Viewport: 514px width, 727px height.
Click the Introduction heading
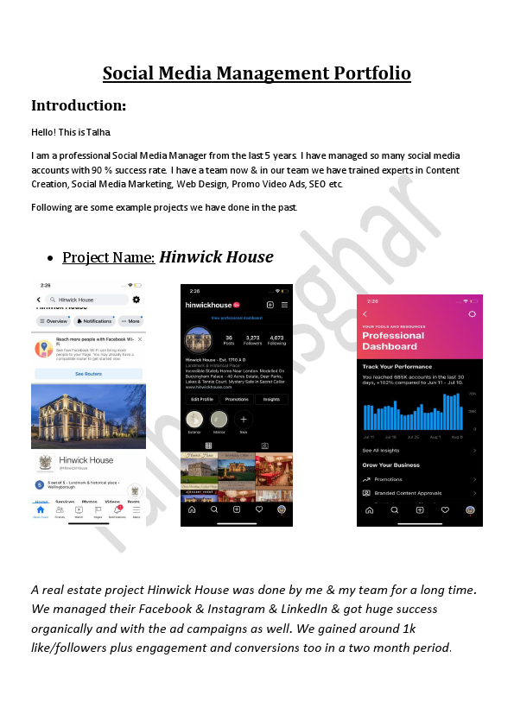coord(79,105)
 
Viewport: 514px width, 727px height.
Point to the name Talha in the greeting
coord(98,132)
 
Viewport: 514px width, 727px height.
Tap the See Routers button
coord(88,374)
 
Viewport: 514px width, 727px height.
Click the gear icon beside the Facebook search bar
coord(136,299)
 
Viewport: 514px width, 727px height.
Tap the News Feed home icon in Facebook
coord(41,512)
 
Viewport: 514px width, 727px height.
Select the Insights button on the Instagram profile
coord(270,399)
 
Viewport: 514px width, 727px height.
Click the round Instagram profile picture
coord(198,338)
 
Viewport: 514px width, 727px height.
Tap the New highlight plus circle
coord(243,420)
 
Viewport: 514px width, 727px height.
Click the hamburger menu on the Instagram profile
coord(284,305)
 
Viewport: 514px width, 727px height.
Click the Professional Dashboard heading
coord(393,340)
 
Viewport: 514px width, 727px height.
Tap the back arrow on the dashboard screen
coord(365,314)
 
